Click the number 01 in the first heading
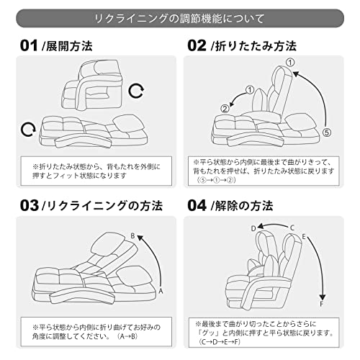[29, 45]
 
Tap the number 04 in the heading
[197, 206]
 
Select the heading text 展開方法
[69, 46]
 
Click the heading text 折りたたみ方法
[256, 46]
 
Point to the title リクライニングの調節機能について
[180, 19]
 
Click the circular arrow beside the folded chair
[136, 91]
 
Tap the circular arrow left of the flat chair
[28, 130]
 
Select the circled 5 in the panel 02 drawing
[327, 132]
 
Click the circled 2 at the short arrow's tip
[225, 109]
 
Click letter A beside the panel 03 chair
[161, 291]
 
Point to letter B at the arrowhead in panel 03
[132, 236]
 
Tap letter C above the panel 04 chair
[292, 228]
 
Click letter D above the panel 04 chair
[253, 228]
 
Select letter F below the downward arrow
[322, 304]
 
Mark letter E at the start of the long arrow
[304, 237]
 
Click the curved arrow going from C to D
[272, 225]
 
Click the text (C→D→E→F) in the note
[220, 341]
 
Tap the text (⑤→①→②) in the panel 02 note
[216, 180]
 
